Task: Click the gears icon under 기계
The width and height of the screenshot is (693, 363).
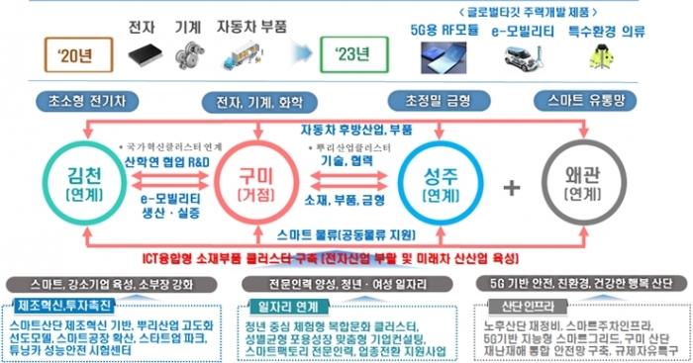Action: click(182, 52)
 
